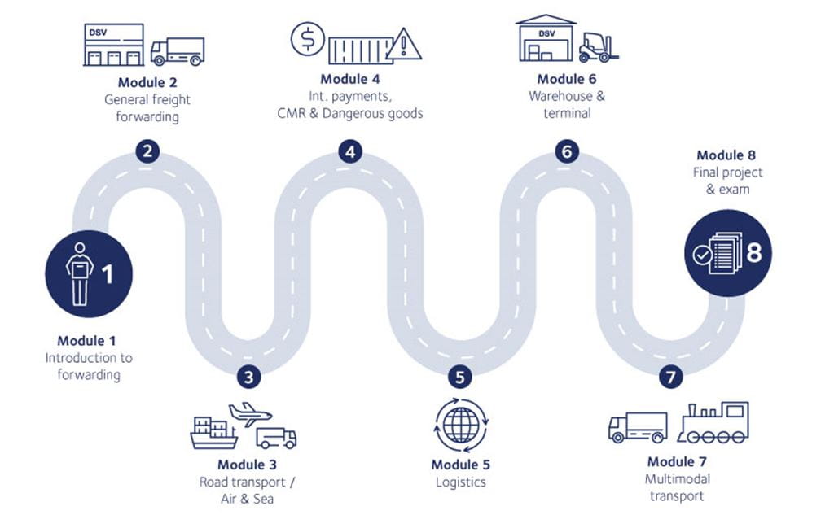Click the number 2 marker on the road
pos(147,151)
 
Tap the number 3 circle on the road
pos(249,377)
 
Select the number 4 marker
pos(350,151)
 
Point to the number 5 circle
pos(460,377)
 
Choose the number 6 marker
pos(567,151)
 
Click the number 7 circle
pos(670,377)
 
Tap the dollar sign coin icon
pos(308,39)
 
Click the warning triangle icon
pos(403,45)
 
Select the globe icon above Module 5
pos(460,424)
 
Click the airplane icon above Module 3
pos(249,413)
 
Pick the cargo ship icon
pos(213,433)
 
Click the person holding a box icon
pos(80,273)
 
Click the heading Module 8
pos(731,155)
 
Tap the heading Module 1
pos(92,341)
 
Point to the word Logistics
pos(460,482)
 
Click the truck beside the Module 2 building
pos(178,50)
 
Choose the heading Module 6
pos(567,79)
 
